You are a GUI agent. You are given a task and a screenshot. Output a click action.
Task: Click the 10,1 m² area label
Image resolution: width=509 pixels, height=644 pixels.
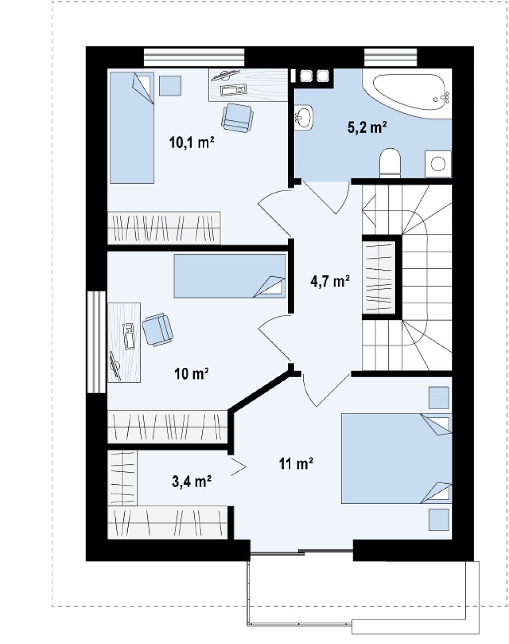191,142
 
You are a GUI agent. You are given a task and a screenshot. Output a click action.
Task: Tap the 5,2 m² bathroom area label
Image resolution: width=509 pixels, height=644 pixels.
367,127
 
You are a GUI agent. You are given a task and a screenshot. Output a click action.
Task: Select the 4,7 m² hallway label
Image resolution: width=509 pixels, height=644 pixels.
330,281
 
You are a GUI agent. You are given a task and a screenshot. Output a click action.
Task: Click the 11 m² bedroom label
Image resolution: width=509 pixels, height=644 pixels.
296,463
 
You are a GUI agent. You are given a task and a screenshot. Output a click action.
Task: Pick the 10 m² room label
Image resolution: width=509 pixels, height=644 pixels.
191,373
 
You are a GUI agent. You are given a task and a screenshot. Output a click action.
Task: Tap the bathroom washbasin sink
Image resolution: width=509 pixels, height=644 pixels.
303,117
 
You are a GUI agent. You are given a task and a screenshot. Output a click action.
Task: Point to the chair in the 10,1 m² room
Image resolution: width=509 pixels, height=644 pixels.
237,117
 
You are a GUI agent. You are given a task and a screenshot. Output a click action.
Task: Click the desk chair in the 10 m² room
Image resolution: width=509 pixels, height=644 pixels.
158,329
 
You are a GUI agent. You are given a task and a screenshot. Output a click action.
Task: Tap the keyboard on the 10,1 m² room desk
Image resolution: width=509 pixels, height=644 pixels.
234,89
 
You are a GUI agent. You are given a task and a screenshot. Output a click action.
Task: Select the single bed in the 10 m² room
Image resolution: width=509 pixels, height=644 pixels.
230,276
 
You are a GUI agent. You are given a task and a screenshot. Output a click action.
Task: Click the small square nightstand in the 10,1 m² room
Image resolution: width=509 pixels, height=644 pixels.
170,86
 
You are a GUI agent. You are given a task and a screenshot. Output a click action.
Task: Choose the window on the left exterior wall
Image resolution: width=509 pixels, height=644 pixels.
96,342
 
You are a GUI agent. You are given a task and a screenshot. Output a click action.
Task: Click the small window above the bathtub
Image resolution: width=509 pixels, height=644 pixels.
390,57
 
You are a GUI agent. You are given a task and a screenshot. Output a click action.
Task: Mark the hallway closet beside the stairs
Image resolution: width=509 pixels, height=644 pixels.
379,277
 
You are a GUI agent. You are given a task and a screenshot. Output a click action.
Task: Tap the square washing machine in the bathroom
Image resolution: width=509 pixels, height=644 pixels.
438,164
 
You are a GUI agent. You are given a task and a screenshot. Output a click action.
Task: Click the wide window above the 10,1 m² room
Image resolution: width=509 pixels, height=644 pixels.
194,57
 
